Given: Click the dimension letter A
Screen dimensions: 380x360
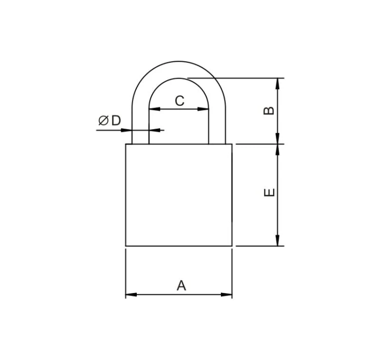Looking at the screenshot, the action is pos(181,285).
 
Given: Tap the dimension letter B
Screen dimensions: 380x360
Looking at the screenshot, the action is pos(269,111).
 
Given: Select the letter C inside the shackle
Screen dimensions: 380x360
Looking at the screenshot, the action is pos(179,101).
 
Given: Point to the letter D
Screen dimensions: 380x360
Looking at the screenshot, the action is pos(116,121).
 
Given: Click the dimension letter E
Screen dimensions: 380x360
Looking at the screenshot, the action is pos(269,192).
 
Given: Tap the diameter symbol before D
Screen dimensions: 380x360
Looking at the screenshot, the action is pos(103,121).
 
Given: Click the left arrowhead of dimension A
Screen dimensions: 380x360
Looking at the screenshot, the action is pos(131,295).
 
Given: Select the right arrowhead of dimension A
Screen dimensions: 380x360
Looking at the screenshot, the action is pos(226,295).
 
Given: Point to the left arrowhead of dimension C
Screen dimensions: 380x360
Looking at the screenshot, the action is pos(155,109).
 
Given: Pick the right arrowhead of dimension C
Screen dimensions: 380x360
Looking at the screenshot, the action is pos(203,109).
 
